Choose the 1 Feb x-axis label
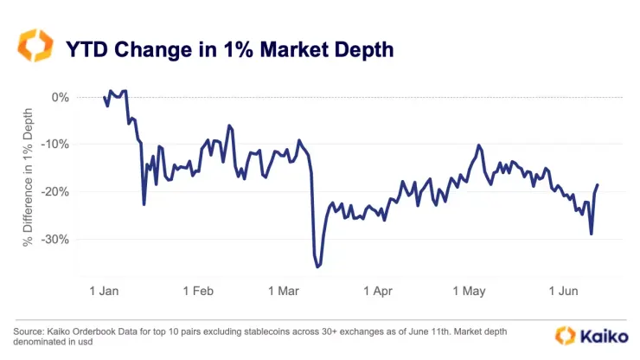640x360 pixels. click(x=198, y=292)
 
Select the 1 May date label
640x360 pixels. click(x=473, y=292)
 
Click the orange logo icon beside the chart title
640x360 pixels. click(x=37, y=48)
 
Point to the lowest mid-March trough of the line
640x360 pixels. click(x=317, y=267)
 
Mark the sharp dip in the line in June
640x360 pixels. click(x=592, y=234)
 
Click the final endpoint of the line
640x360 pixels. click(x=598, y=184)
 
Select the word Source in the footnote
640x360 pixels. click(x=30, y=331)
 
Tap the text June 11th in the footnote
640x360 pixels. click(x=446, y=331)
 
